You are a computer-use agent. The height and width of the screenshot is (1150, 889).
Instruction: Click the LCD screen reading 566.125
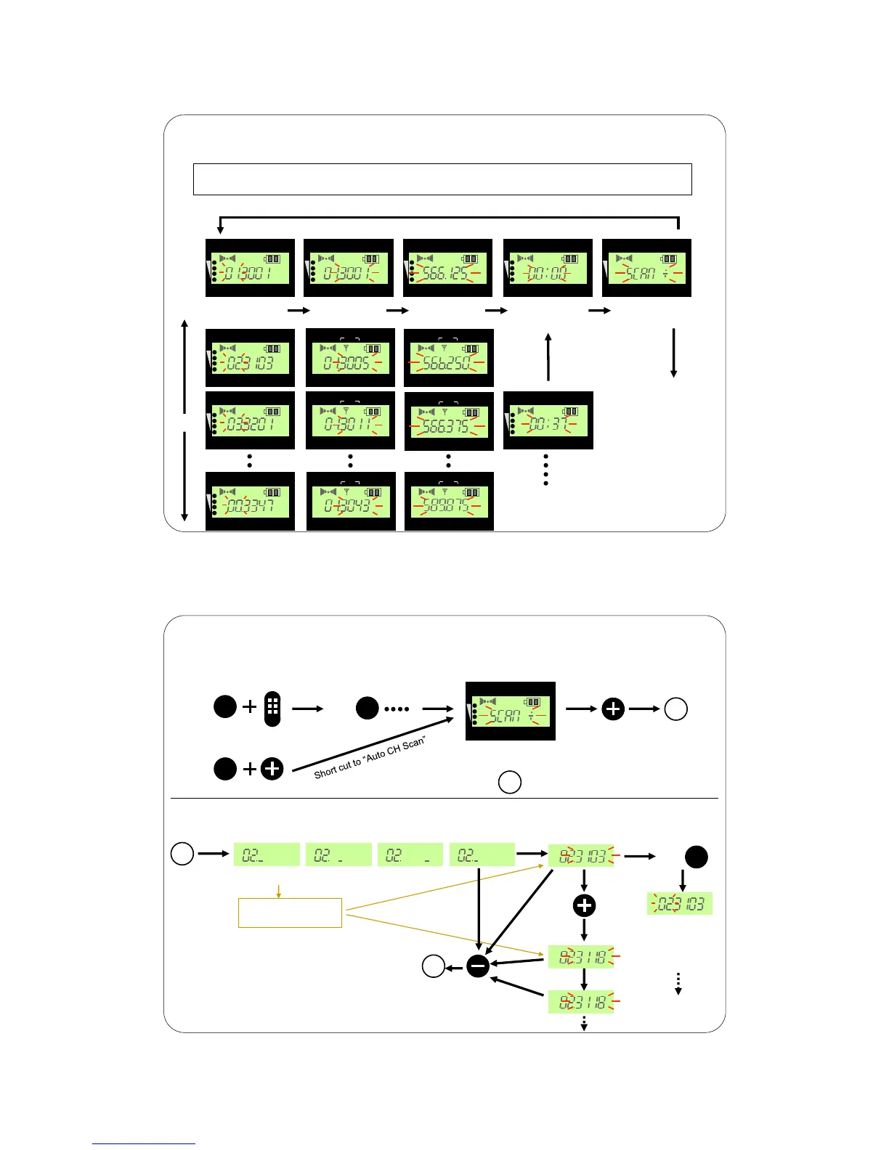pyautogui.click(x=447, y=268)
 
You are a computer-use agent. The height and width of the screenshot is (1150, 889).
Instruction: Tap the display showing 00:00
pyautogui.click(x=548, y=268)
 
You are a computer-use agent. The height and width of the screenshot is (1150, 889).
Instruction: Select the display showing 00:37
pyautogui.click(x=548, y=420)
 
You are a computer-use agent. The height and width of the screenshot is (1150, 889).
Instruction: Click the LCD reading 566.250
pyautogui.click(x=448, y=358)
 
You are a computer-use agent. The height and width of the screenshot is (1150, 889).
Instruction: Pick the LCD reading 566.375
pyautogui.click(x=449, y=421)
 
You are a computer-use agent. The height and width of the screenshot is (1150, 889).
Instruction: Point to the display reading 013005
pyautogui.click(x=350, y=358)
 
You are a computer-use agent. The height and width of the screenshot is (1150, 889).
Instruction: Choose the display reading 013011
pyautogui.click(x=350, y=420)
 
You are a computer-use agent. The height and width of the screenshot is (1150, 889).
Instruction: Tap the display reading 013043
pyautogui.click(x=351, y=502)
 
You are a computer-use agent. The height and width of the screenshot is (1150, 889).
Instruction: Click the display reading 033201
pyautogui.click(x=250, y=420)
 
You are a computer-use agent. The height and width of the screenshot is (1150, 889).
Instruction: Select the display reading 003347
pyautogui.click(x=250, y=502)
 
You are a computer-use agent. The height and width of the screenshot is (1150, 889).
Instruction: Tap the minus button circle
pyautogui.click(x=477, y=966)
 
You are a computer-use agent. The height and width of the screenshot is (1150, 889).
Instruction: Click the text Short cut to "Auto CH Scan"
pyautogui.click(x=369, y=757)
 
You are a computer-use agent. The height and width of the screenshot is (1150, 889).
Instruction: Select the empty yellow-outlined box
pyautogui.click(x=290, y=913)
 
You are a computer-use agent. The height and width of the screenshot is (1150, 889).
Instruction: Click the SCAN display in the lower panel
pyautogui.click(x=510, y=711)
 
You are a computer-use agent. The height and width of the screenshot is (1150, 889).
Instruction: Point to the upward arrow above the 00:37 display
pyautogui.click(x=548, y=356)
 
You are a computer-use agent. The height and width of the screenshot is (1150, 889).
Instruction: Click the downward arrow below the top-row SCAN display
pyautogui.click(x=674, y=353)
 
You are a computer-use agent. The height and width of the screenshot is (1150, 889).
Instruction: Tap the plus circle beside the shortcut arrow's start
pyautogui.click(x=272, y=768)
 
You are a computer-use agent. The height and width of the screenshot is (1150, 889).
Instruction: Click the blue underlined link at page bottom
pyautogui.click(x=143, y=1143)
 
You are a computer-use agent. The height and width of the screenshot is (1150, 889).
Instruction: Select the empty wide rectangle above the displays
pyautogui.click(x=442, y=179)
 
